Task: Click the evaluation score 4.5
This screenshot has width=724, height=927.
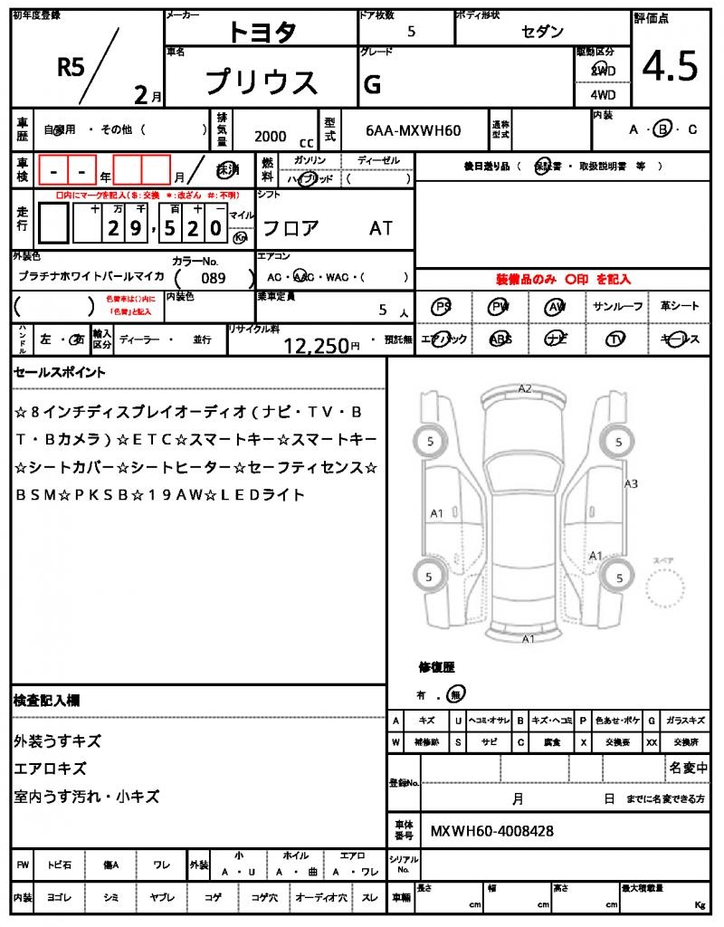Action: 670,66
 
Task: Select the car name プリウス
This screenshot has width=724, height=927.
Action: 262,82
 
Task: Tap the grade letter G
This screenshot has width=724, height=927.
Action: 371,84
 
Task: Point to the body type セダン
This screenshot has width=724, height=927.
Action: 542,32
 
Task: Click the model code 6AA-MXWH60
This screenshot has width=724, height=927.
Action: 414,130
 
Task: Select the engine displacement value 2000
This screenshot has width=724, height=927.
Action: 270,136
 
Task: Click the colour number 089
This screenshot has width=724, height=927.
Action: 214,278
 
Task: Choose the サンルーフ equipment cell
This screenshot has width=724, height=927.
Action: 618,307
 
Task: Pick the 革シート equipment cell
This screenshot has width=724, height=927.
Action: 680,307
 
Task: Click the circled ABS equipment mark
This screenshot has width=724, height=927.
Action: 500,339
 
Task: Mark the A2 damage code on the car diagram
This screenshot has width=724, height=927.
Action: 525,388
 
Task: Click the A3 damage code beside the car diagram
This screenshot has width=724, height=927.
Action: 631,483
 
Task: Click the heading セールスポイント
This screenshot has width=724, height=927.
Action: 60,372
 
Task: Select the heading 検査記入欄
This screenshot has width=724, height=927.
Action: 46,700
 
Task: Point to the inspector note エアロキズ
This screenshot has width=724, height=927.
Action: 50,769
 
